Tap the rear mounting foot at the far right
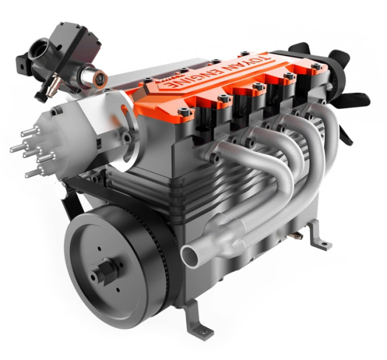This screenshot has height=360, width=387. point(321,238)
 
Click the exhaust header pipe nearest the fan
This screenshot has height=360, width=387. point(330,130)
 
